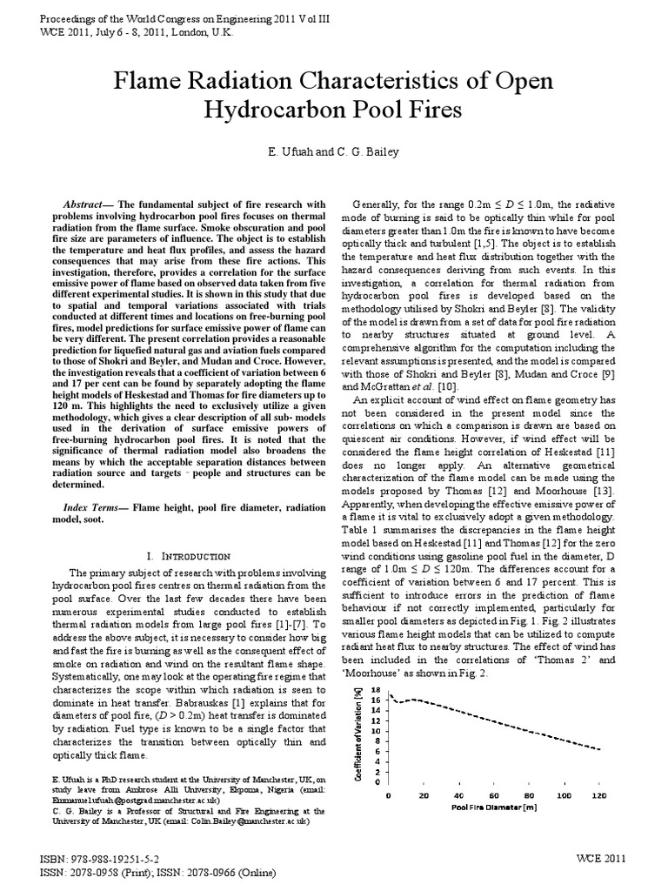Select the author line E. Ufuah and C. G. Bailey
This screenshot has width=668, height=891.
[x=333, y=153]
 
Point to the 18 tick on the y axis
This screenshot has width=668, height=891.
[x=377, y=690]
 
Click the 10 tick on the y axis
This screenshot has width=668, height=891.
[x=377, y=731]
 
